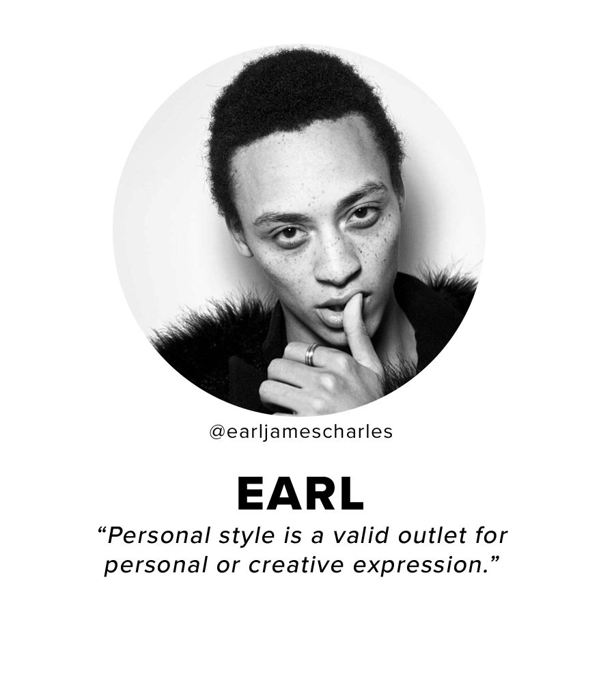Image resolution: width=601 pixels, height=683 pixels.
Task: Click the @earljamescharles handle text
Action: (x=300, y=432)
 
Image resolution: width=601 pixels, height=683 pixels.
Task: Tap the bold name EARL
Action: (x=300, y=494)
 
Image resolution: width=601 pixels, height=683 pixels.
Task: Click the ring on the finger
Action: (x=312, y=353)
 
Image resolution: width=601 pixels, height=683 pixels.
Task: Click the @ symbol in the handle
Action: (x=216, y=432)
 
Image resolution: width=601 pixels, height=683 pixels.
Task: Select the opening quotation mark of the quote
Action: (x=102, y=530)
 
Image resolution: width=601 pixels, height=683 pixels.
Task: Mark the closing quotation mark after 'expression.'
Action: (x=492, y=559)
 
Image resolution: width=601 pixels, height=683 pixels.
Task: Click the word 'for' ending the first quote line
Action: (x=492, y=535)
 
